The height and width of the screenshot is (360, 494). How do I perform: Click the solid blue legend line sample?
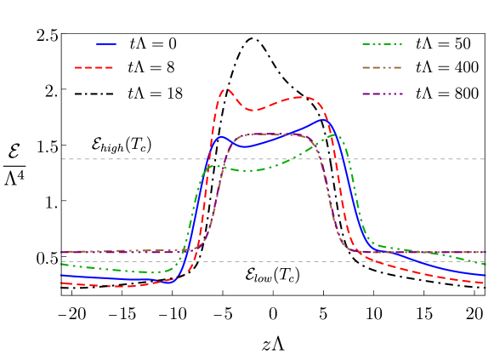tap(106, 43)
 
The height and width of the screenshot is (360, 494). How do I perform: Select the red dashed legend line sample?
tap(94, 67)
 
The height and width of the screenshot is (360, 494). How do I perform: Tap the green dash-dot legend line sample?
tap(382, 43)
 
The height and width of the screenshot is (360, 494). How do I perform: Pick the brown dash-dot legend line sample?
tap(382, 67)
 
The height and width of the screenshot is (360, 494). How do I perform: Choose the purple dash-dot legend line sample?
tap(382, 93)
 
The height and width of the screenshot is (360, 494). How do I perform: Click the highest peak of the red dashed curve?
tap(226, 89)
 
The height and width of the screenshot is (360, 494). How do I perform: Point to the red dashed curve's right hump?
tap(302, 97)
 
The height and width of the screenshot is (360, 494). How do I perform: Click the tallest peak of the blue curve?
tap(323, 119)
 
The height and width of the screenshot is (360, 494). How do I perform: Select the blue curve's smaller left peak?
tap(221, 136)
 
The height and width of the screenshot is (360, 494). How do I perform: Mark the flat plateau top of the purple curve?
tap(268, 134)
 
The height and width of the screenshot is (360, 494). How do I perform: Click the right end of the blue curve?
tap(485, 275)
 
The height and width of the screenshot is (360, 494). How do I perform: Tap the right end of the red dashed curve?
tap(485, 283)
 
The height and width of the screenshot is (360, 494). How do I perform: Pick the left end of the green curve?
tap(62, 265)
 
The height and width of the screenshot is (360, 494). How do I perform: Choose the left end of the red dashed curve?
tap(62, 283)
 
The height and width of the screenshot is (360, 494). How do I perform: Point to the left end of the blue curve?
tap(62, 275)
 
